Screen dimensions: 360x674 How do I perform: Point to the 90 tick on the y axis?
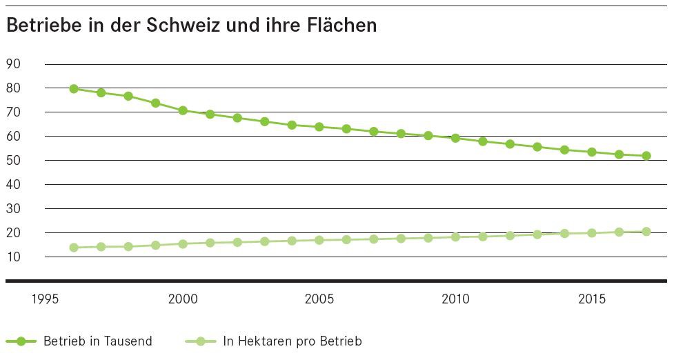13,64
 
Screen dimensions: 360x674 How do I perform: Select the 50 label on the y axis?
13,161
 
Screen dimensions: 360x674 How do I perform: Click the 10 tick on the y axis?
13,257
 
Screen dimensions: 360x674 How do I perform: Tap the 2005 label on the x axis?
319,299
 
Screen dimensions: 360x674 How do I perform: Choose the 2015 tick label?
592,299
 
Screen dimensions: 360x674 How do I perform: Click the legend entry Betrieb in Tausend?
97,341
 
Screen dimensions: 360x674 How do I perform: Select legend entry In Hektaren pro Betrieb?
293,341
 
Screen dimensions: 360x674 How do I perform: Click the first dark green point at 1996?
74,88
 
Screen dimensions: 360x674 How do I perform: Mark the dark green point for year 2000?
183,110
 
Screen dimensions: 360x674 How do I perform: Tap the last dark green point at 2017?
646,156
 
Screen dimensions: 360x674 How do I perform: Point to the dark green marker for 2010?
455,138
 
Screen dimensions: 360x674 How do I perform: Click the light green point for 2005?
319,240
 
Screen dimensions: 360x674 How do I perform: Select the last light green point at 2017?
646,232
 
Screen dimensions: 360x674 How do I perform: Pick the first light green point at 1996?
74,248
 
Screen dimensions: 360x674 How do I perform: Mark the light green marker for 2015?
592,233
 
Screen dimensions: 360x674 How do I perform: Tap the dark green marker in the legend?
21,341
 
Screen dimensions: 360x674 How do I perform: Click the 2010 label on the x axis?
455,299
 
